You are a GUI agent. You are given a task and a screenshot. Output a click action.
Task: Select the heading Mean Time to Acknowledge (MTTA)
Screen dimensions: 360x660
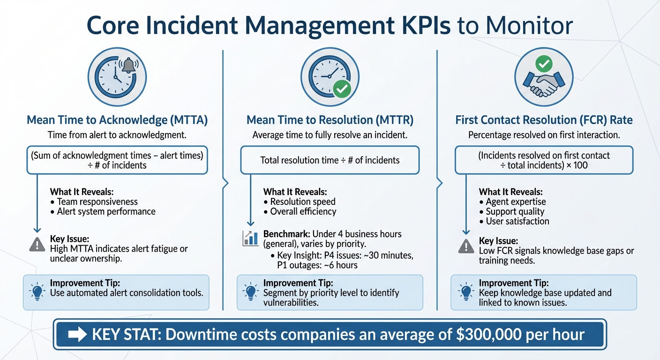pyautogui.click(x=117, y=120)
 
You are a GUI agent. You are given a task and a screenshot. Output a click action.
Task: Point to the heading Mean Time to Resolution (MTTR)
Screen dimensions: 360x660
pyautogui.click(x=330, y=120)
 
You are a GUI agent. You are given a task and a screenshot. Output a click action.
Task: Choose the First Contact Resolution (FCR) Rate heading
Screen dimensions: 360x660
pyautogui.click(x=544, y=120)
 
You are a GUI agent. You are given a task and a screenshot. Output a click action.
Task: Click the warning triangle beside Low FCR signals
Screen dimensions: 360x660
pyautogui.click(x=466, y=246)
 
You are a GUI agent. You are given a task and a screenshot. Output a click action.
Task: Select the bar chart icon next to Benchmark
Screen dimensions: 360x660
pyautogui.click(x=250, y=238)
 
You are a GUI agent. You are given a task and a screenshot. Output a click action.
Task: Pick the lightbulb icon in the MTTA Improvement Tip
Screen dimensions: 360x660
pyautogui.click(x=37, y=292)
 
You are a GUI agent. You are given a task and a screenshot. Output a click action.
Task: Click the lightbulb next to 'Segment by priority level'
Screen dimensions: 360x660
pyautogui.click(x=250, y=292)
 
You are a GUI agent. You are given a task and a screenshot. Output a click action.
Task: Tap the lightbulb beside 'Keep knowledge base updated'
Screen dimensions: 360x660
pyautogui.click(x=466, y=292)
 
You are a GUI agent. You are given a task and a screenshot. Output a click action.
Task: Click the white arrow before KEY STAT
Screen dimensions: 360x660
pyautogui.click(x=77, y=335)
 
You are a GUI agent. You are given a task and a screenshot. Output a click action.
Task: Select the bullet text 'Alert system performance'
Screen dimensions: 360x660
pyautogui.click(x=106, y=211)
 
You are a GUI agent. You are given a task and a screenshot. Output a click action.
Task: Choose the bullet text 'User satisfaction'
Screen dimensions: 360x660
pyautogui.click(x=517, y=221)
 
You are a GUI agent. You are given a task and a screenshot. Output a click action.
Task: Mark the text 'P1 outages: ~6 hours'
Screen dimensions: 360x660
pyautogui.click(x=317, y=265)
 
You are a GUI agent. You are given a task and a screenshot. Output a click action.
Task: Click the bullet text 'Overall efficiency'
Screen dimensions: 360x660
pyautogui.click(x=303, y=211)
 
